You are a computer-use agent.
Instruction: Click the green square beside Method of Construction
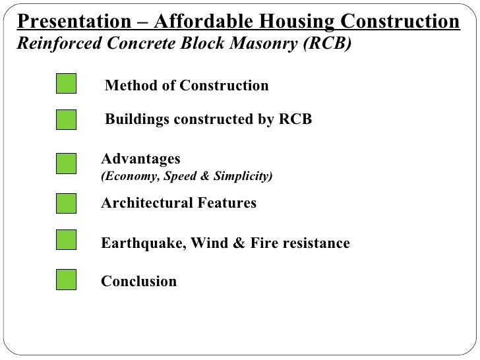pos(66,85)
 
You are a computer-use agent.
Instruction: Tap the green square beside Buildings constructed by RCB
pos(66,121)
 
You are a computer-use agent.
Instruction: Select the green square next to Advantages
pos(66,164)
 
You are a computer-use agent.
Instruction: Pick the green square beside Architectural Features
pos(66,204)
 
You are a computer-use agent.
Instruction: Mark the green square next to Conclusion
pos(66,280)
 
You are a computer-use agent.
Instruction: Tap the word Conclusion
pos(138,282)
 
